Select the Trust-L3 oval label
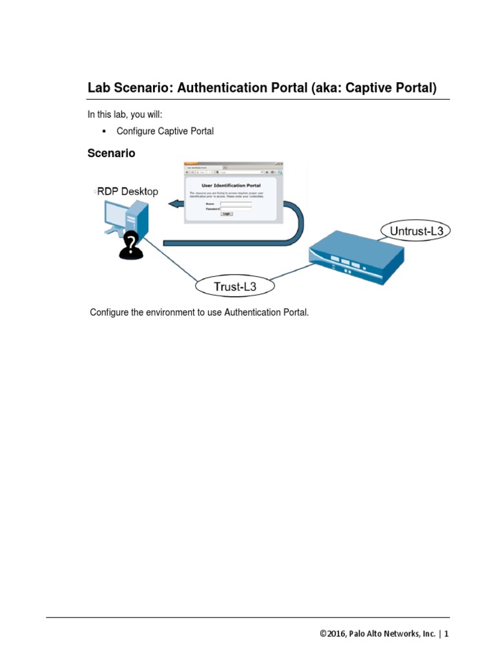[x=235, y=285]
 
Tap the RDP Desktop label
[x=127, y=191]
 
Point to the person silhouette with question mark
[x=131, y=245]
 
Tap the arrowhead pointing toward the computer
[x=173, y=205]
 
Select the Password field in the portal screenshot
[x=235, y=209]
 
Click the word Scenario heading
[x=112, y=153]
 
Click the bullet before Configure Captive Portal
[x=103, y=131]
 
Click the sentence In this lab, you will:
[x=125, y=114]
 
